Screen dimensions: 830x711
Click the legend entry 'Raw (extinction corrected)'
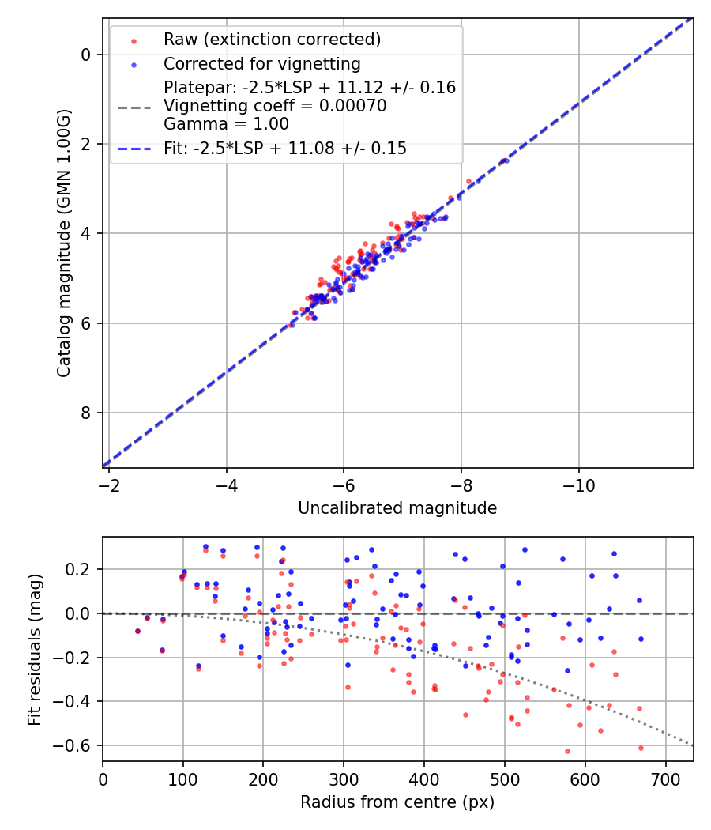pos(272,40)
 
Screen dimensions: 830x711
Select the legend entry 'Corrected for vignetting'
pos(261,63)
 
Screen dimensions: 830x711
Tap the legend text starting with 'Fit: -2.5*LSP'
pos(284,148)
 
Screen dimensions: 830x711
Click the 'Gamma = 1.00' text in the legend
pos(226,124)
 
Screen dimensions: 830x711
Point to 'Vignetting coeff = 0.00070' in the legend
pos(275,106)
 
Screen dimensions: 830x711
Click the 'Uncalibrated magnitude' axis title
pos(397,508)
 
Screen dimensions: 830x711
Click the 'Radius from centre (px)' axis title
pos(397,802)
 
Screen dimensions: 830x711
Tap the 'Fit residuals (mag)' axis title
pos(34,649)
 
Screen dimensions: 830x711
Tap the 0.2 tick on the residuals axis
pos(82,569)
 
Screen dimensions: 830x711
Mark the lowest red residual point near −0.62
pos(567,751)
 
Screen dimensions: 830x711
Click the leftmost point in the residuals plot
pos(137,631)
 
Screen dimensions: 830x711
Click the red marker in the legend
pos(134,40)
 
